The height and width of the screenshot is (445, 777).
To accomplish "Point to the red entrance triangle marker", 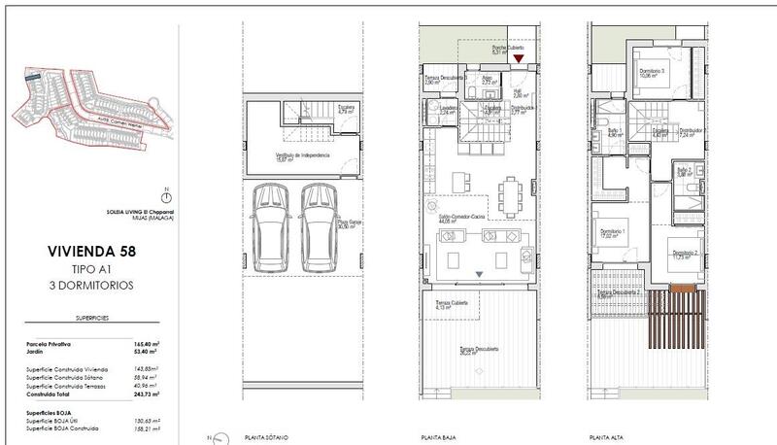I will [x=520, y=59].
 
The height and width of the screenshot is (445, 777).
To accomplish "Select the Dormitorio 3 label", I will [x=652, y=71].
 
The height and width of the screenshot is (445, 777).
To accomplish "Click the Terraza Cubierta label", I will [x=451, y=303].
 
